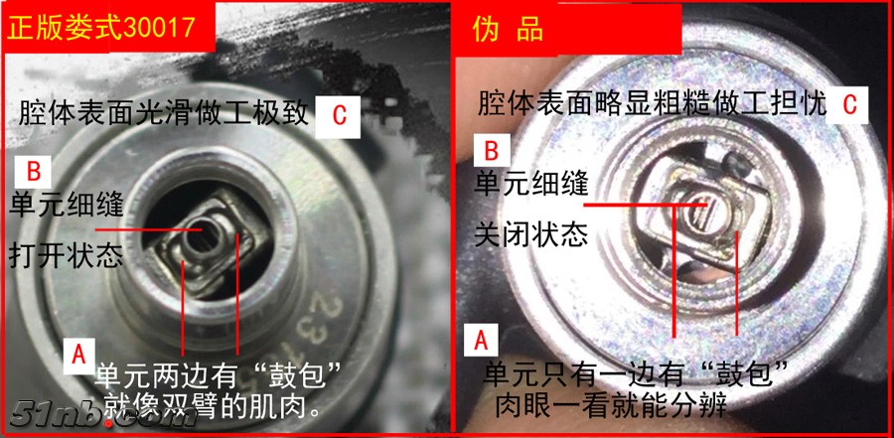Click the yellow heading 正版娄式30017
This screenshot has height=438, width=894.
[x=101, y=28]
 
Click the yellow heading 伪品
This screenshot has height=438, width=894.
[x=508, y=29]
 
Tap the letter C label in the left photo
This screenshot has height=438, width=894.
[x=339, y=116]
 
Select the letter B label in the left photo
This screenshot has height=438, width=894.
[x=33, y=172]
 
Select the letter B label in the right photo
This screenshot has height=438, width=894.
[x=491, y=152]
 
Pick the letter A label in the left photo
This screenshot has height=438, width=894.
[x=79, y=355]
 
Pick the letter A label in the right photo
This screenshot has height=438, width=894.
[x=482, y=341]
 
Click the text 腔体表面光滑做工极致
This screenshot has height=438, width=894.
[x=164, y=114]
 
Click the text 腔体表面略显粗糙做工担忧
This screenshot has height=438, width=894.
[x=652, y=104]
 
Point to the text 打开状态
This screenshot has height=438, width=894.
[x=67, y=256]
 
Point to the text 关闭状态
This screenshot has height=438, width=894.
[x=531, y=233]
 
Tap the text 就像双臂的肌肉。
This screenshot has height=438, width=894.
[x=211, y=405]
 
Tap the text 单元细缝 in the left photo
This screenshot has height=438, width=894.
[x=67, y=206]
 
